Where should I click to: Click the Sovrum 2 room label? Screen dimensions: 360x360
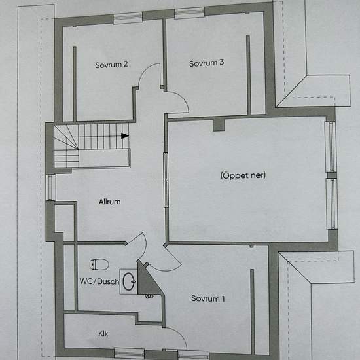point(111,65)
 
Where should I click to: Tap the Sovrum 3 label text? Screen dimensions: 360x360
point(206,63)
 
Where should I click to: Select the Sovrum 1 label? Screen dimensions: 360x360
point(207,298)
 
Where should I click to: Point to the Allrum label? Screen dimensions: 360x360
point(109,202)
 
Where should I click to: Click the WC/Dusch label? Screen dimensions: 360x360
point(99,281)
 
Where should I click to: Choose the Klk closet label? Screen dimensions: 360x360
point(103,333)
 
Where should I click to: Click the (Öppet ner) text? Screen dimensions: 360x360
point(243,175)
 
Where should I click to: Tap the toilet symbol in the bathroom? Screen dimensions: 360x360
point(99,264)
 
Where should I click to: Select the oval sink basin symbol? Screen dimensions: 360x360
point(129,281)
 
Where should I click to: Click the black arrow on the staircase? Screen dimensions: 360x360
point(124,135)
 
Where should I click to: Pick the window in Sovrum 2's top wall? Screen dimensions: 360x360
point(128,18)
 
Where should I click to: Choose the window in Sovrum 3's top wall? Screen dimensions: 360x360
point(189,13)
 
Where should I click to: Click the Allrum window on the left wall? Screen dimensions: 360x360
point(51,187)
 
